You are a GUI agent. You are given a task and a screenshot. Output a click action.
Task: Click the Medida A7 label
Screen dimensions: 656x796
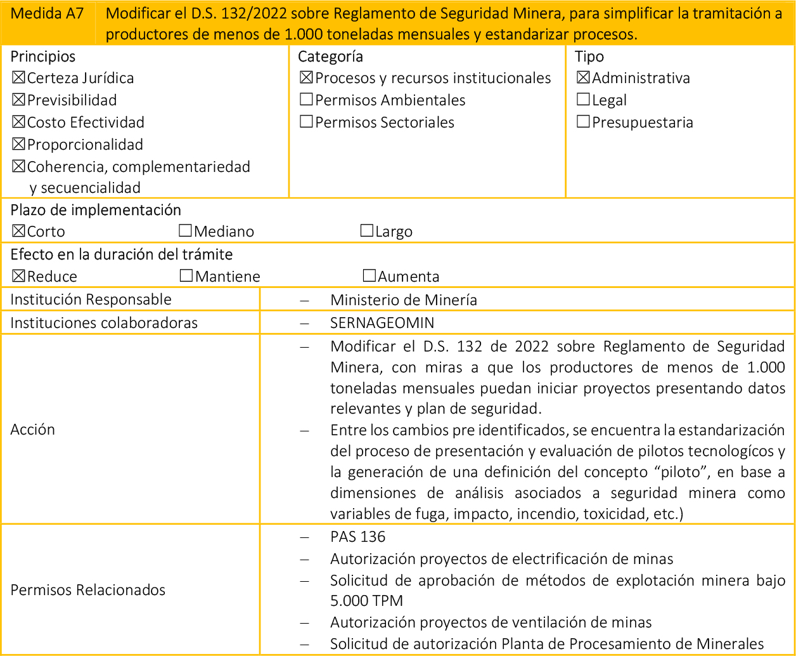tap(48, 14)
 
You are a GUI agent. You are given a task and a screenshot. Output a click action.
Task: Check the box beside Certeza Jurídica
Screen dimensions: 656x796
tap(18, 79)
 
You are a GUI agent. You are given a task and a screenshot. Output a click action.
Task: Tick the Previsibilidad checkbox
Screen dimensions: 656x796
tap(18, 100)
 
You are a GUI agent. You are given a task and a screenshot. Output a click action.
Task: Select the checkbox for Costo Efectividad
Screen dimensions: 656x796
tap(18, 122)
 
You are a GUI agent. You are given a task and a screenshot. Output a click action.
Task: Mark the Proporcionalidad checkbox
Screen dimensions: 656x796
tap(18, 145)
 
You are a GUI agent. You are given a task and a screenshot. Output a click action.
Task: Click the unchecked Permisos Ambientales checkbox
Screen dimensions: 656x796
tap(306, 100)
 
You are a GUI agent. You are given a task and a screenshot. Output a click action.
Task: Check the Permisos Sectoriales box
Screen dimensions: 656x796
tap(306, 122)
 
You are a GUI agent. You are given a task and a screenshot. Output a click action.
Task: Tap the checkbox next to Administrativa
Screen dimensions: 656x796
tap(583, 79)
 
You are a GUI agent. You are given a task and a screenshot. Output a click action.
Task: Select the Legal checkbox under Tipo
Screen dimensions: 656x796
tap(583, 100)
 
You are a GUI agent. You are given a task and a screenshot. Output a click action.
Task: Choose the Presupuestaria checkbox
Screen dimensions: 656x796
tap(583, 122)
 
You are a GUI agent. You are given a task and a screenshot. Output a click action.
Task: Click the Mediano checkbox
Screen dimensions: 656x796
tap(186, 232)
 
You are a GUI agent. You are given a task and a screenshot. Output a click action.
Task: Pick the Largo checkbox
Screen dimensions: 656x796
tap(366, 232)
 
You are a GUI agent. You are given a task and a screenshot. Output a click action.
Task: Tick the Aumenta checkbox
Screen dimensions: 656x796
tap(369, 277)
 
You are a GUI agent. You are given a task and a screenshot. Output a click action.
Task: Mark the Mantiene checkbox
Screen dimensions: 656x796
tap(186, 277)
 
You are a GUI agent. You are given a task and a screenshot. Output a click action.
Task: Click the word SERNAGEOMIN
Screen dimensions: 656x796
tap(382, 323)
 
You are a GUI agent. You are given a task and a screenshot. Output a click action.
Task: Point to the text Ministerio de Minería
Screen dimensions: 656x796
tap(404, 300)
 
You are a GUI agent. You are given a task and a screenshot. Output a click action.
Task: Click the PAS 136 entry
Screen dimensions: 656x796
tap(357, 537)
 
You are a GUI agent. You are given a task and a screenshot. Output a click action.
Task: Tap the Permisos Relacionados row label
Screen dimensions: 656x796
tap(88, 590)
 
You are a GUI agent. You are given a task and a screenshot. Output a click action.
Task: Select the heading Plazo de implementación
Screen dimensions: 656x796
tap(96, 210)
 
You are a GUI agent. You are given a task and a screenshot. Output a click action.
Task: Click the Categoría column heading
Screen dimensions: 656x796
tap(330, 56)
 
